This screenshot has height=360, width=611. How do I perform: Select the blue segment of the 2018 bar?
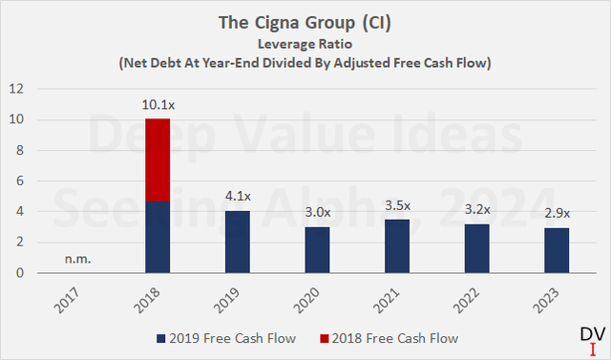pos(157,237)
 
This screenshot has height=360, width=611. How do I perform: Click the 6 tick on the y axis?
pos(18,180)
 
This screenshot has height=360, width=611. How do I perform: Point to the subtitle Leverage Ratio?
pos(305,43)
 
